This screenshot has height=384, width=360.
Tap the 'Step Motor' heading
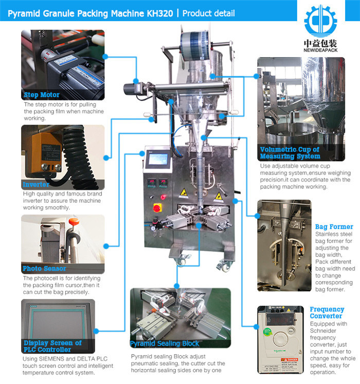point(42,95)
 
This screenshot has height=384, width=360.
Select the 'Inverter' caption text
point(36,184)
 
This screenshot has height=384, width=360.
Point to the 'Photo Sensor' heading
point(44,268)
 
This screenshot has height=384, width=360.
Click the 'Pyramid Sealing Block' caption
point(164,343)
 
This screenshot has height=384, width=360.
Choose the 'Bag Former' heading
point(334,226)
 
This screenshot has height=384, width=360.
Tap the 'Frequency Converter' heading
point(327,312)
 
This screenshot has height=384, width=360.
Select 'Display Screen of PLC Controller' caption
point(52,346)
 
